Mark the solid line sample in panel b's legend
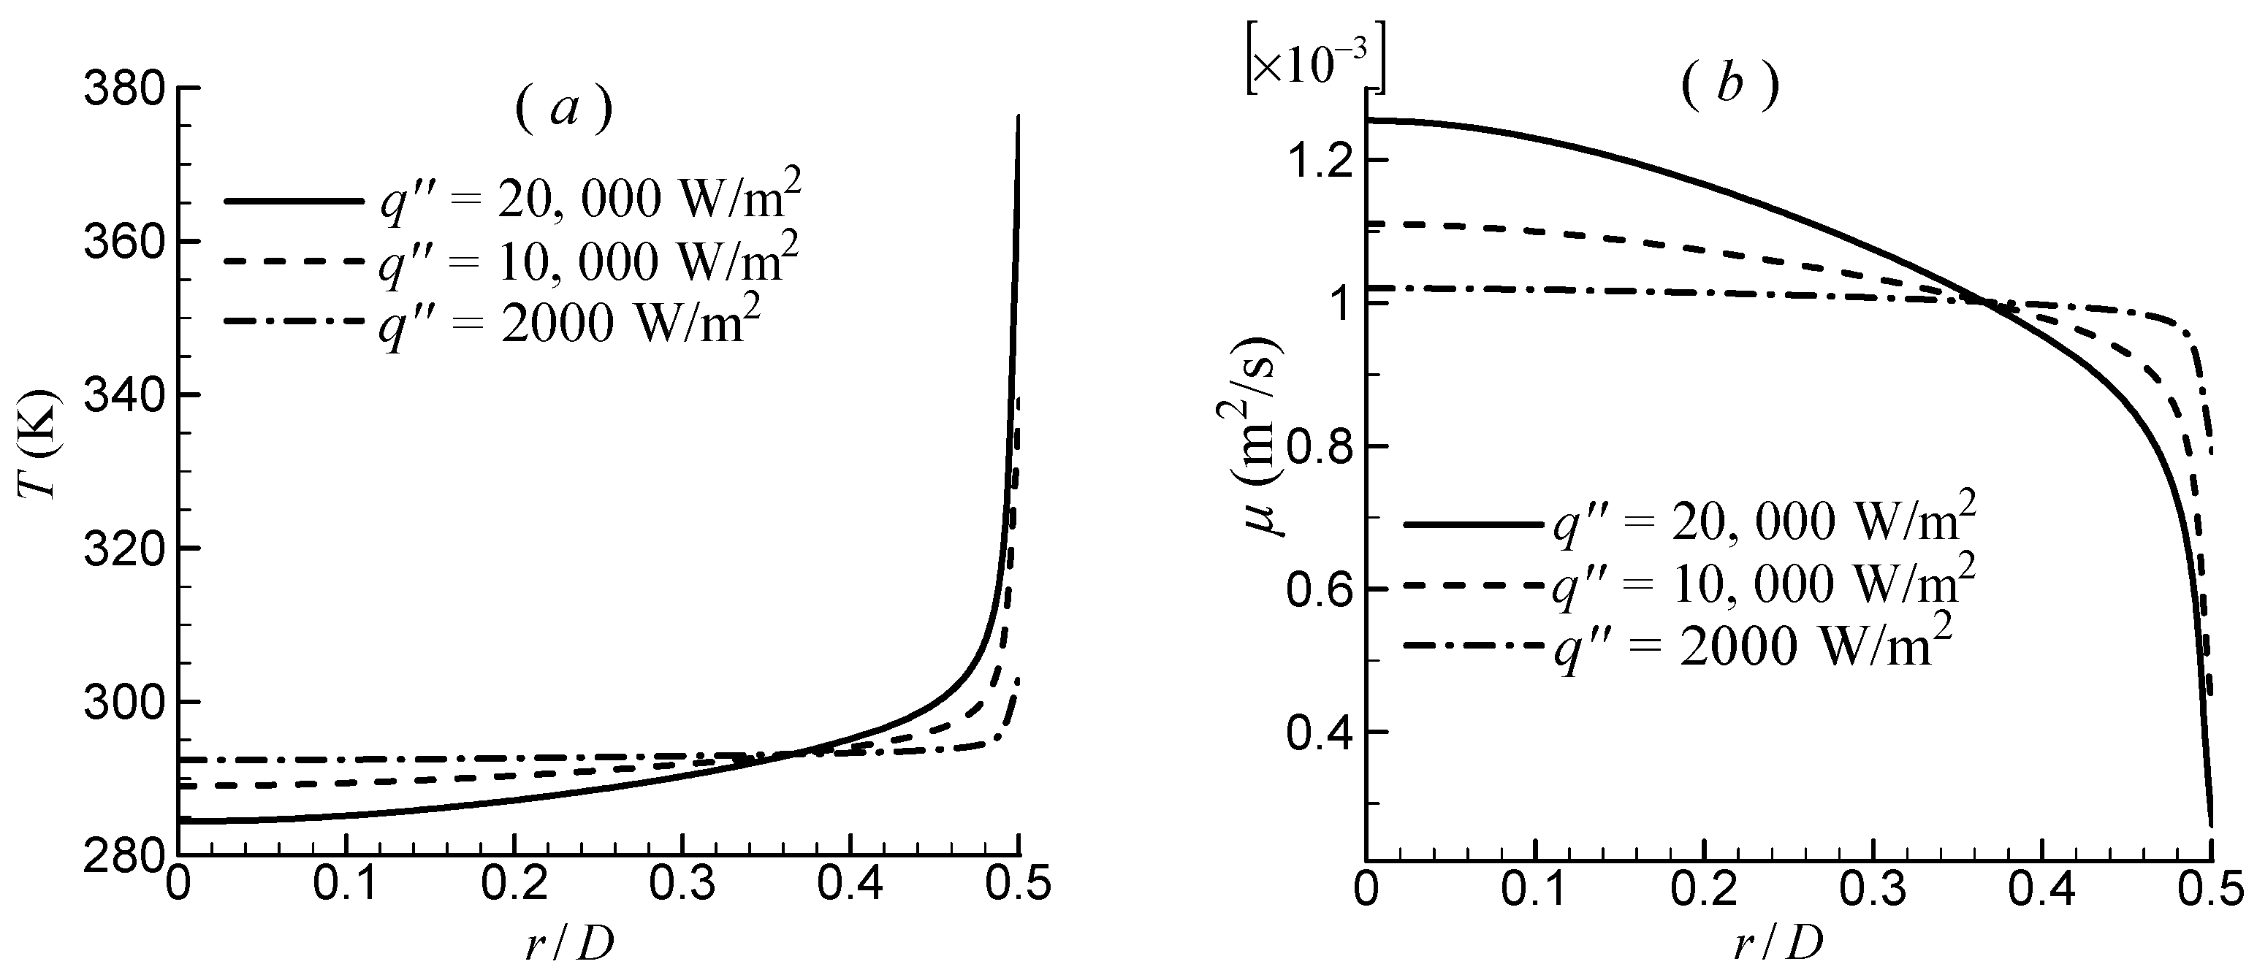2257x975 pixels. pyautogui.click(x=1472, y=524)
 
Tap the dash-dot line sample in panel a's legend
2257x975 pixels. pyautogui.click(x=293, y=324)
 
